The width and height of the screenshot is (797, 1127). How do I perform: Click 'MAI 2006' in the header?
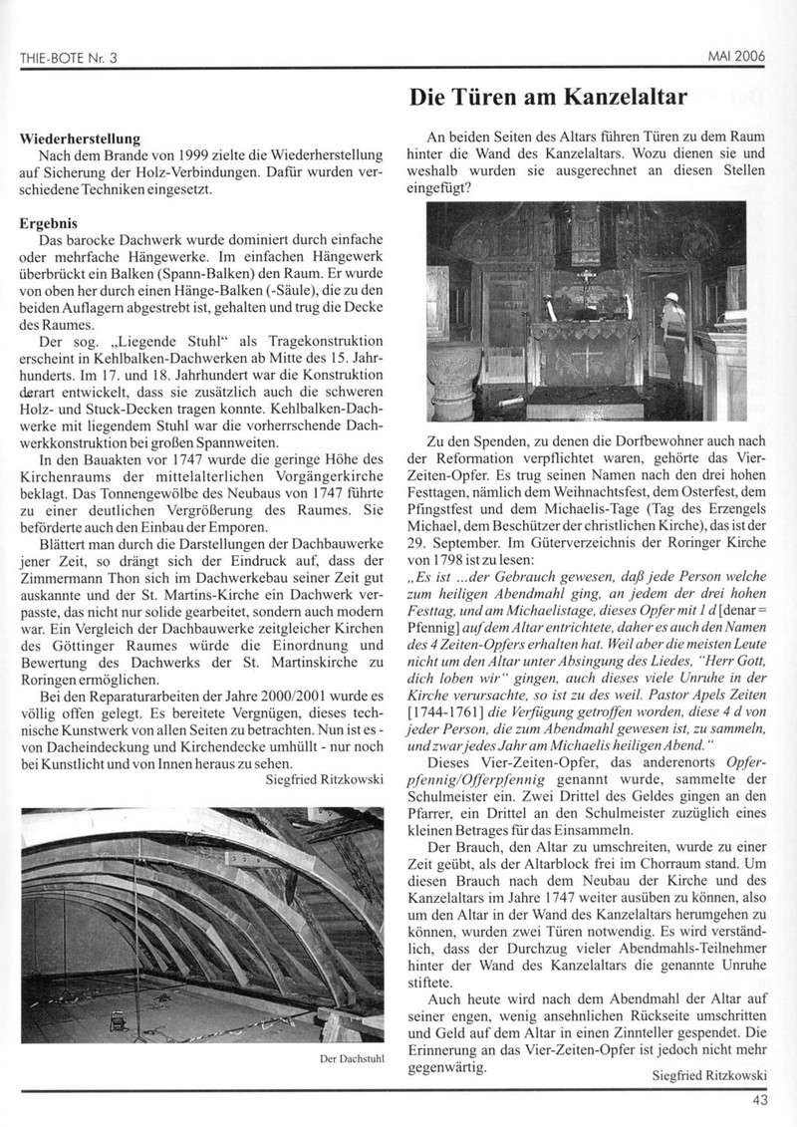point(738,57)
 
